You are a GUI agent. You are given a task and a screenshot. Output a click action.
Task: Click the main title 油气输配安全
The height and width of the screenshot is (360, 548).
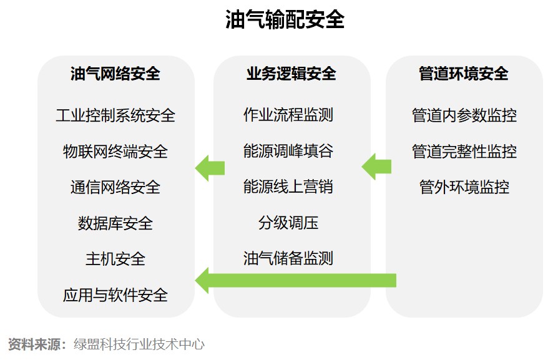pyautogui.click(x=285, y=20)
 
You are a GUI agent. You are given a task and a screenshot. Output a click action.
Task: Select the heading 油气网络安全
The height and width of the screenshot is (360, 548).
pyautogui.click(x=115, y=74)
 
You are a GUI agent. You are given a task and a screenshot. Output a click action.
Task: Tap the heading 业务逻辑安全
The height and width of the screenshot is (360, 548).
pyautogui.click(x=291, y=74)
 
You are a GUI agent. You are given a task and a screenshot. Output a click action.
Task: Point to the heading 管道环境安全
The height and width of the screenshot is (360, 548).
pyautogui.click(x=464, y=74)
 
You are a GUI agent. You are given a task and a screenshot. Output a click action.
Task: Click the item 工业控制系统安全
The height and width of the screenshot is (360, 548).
pyautogui.click(x=115, y=115)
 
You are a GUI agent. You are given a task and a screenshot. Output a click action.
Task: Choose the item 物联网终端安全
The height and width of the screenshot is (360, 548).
pyautogui.click(x=115, y=152)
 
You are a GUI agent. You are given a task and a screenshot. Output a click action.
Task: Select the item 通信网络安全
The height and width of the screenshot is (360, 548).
pyautogui.click(x=115, y=187)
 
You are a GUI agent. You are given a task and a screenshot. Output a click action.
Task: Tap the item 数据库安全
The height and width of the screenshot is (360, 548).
pyautogui.click(x=115, y=223)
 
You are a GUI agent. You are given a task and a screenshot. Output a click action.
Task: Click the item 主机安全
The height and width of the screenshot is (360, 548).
pyautogui.click(x=115, y=259)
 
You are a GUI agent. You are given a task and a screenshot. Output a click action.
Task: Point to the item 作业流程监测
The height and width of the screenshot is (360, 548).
pyautogui.click(x=288, y=115)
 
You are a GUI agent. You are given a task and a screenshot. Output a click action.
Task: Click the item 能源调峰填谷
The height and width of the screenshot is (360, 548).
pyautogui.click(x=288, y=151)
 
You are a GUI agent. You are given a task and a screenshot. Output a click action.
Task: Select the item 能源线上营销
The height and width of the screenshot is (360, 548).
pyautogui.click(x=288, y=187)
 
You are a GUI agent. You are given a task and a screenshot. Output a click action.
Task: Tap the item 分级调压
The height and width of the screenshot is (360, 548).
pyautogui.click(x=288, y=223)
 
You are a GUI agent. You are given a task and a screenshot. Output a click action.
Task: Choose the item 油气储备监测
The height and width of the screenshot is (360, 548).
pyautogui.click(x=288, y=258)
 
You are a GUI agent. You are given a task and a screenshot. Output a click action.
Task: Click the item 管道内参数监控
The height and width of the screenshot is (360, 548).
pyautogui.click(x=464, y=115)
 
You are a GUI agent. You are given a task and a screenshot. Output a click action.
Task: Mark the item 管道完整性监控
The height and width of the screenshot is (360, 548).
pyautogui.click(x=464, y=152)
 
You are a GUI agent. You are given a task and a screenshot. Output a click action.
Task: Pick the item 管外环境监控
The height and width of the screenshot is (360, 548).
pyautogui.click(x=464, y=187)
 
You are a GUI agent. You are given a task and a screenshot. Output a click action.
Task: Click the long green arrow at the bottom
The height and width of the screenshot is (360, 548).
pyautogui.click(x=296, y=280)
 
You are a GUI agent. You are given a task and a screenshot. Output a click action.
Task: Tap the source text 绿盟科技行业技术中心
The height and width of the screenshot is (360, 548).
pyautogui.click(x=139, y=344)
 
